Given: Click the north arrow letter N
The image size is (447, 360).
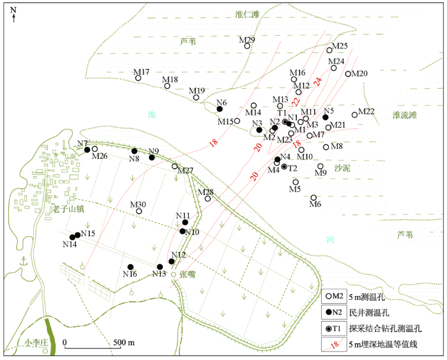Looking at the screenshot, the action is click(13, 10).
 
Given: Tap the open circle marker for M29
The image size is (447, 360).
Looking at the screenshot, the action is click(247, 46).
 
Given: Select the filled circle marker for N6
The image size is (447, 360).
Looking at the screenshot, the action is click(220, 109).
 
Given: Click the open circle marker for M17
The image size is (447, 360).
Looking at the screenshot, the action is click(138, 78).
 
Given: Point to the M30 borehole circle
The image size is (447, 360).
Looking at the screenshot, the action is click(139, 211).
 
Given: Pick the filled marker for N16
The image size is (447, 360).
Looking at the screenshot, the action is click(130, 267).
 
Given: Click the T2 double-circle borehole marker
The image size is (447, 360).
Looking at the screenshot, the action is click(284, 167).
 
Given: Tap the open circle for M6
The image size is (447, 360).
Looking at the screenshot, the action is click(314, 197).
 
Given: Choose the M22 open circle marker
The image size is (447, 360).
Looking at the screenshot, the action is click(354, 115).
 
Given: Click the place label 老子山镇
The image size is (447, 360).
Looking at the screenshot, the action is click(68, 209).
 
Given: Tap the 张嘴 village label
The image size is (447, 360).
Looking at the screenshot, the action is click(188, 274).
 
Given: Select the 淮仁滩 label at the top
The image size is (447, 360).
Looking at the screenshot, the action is click(248, 14).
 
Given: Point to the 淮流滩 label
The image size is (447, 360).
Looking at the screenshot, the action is click(404, 115).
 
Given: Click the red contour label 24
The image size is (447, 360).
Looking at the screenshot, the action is click(318, 82).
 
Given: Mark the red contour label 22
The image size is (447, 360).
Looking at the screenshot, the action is click(296, 101).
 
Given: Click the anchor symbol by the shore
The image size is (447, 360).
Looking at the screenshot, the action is click(24, 261).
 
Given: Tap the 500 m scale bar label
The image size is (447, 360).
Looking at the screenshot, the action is click(124, 342).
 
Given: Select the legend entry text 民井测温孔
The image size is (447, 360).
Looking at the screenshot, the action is click(369, 313).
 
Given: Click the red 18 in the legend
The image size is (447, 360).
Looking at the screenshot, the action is click(335, 345).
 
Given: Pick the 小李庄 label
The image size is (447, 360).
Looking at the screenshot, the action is click(36, 342).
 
